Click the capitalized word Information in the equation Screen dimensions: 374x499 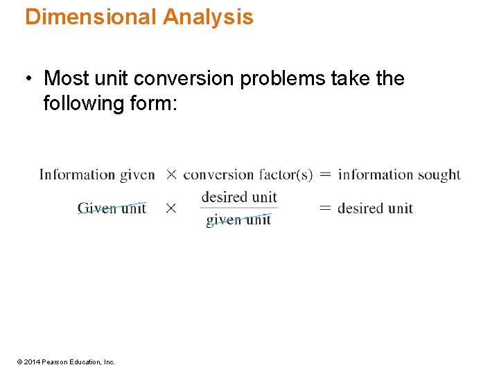click(x=77, y=175)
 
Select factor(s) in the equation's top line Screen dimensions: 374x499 click(x=286, y=175)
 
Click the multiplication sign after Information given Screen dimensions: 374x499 click(x=170, y=175)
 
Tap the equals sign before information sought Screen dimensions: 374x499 click(x=324, y=175)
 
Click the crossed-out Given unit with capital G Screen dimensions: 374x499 click(x=112, y=208)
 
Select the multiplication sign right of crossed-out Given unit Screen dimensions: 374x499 click(x=170, y=208)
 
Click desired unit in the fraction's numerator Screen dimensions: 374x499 click(x=239, y=197)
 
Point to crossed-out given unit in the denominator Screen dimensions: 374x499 click(x=238, y=220)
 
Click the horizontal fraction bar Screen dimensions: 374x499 click(x=239, y=208)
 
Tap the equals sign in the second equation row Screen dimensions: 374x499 click(x=324, y=208)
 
